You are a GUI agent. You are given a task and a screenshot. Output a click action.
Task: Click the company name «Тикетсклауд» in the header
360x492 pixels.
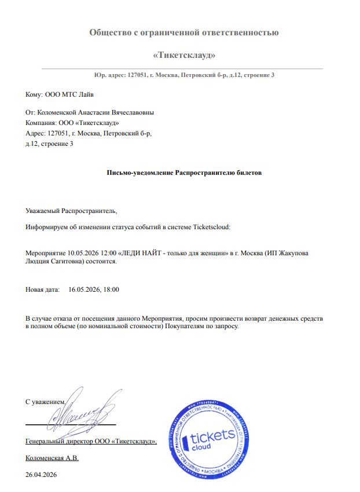[183, 56]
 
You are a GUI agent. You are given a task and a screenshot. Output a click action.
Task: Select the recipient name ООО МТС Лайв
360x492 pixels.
[65, 94]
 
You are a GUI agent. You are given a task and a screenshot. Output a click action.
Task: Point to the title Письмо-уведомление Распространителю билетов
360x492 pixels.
[184, 172]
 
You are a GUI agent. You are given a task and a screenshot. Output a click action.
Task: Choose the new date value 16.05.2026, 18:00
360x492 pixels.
[94, 289]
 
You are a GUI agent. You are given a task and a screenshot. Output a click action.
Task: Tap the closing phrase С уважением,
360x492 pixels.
[46, 401]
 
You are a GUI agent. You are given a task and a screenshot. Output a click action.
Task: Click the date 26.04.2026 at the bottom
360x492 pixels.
[42, 475]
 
